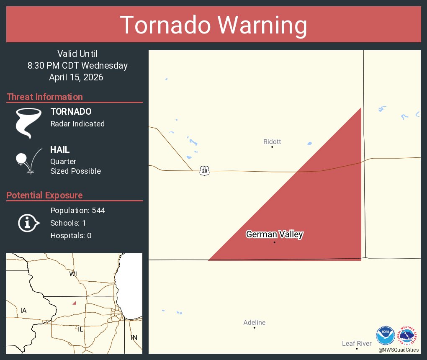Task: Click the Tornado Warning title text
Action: [213, 25]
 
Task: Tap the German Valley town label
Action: [274, 234]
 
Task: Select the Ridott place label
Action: [272, 142]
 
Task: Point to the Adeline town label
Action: [255, 322]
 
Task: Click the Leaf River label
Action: [357, 344]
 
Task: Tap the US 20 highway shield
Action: [204, 171]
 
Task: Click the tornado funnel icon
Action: [28, 123]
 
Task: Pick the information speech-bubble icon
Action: [28, 223]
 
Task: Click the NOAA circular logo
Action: [385, 336]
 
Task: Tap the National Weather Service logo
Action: [409, 336]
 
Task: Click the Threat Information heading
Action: [45, 97]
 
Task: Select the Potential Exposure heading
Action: [44, 195]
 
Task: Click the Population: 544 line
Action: [77, 210]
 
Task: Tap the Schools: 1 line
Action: [68, 223]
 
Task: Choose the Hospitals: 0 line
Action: [71, 236]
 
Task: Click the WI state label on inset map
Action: [73, 274]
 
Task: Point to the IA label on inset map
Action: [23, 311]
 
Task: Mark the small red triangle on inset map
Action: [74, 303]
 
